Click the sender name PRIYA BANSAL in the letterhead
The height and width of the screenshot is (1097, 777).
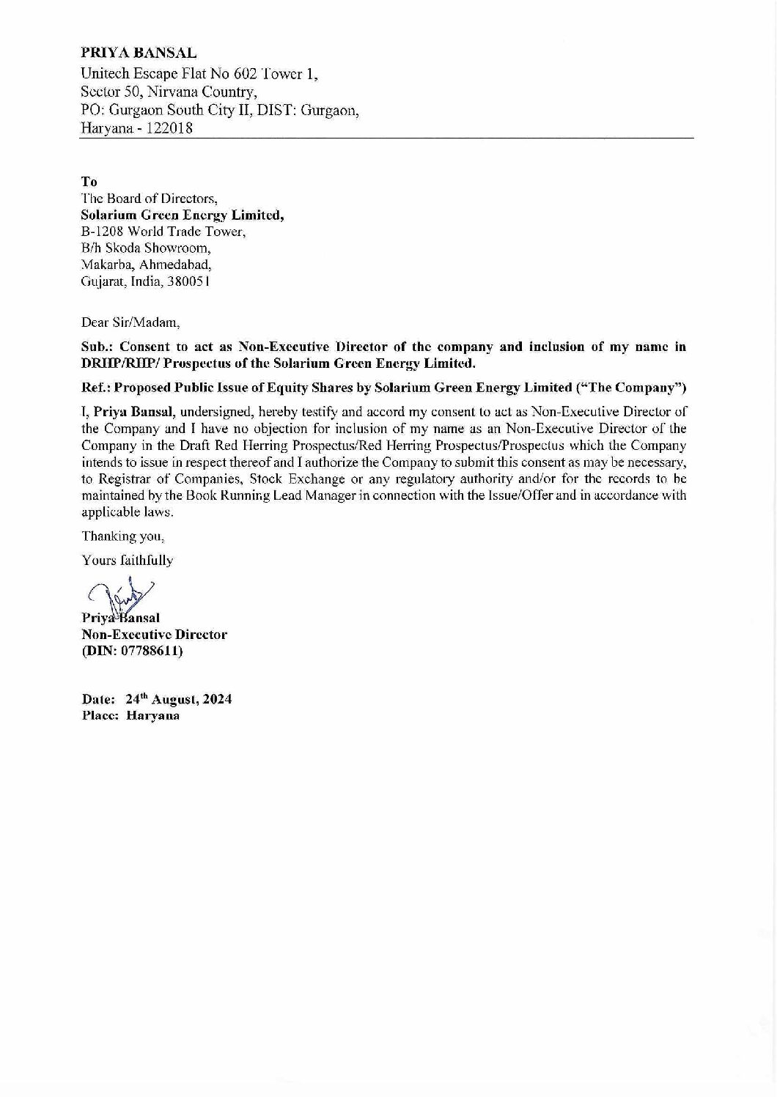[139, 53]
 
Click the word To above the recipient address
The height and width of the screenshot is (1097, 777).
[88, 182]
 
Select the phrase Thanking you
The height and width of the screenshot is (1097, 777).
[117, 535]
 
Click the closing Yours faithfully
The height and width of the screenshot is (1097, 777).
[127, 561]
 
